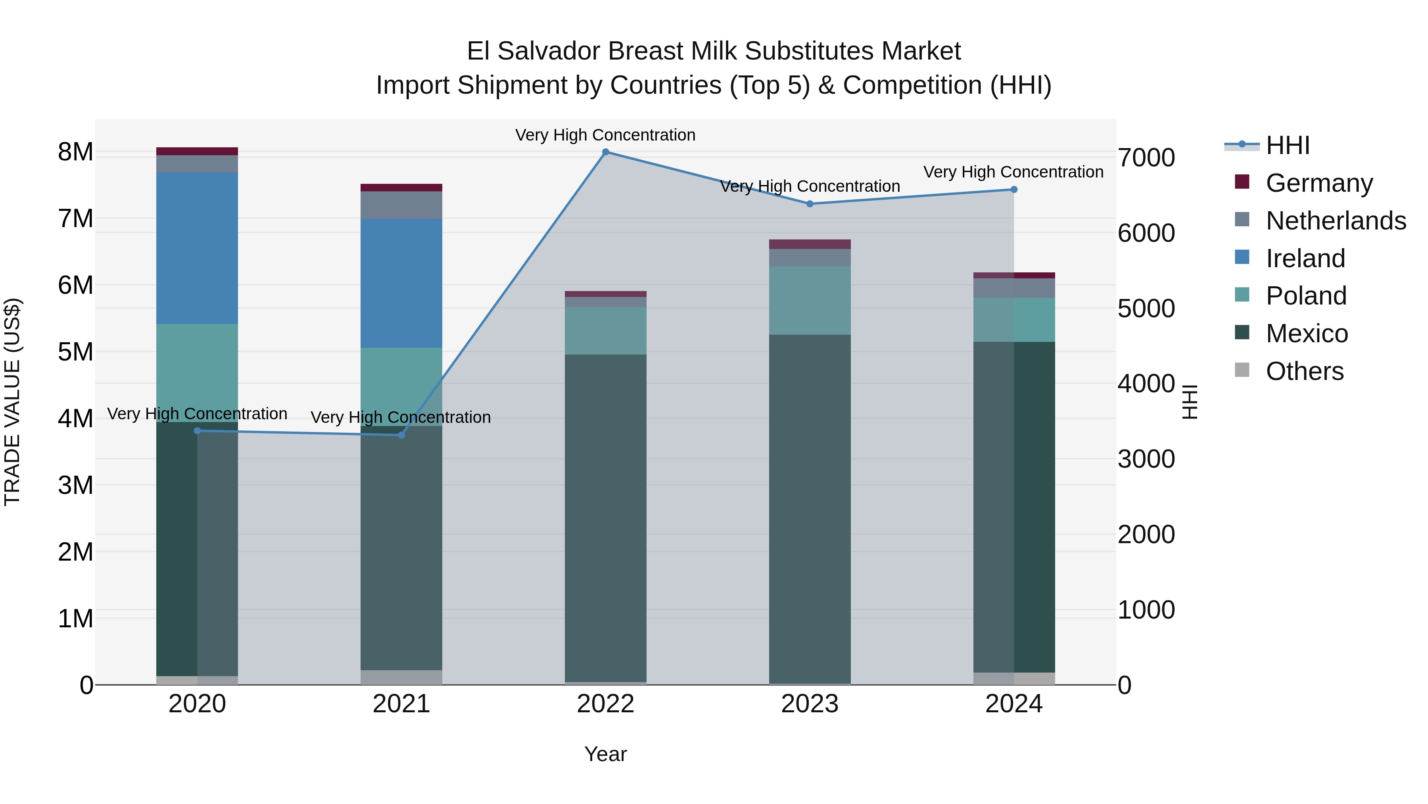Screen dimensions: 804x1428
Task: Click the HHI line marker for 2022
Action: pos(605,152)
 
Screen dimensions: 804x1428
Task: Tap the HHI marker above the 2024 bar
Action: pos(1014,190)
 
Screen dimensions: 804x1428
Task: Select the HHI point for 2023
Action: pos(810,204)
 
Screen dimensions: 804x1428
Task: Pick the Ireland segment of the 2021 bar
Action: pos(401,283)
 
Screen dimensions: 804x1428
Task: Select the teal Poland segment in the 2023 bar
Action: pos(810,300)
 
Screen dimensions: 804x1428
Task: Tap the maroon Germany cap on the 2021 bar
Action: pos(401,187)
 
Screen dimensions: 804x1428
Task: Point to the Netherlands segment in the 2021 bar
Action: pos(401,205)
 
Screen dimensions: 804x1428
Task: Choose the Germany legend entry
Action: pos(1319,183)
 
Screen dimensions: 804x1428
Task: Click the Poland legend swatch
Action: pos(1242,295)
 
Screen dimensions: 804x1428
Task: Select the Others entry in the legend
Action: pos(1304,371)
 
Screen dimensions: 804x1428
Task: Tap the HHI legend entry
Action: pos(1287,145)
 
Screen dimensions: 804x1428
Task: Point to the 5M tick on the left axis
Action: pos(76,352)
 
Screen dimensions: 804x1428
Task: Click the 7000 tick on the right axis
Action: pos(1146,158)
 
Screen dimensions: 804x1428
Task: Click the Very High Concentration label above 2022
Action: pos(605,135)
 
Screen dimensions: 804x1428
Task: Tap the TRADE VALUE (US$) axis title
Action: pos(12,402)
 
